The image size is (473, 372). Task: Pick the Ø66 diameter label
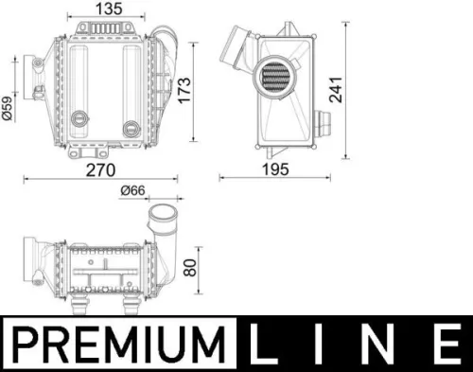click(134, 191)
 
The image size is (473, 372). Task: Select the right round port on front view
click(131, 123)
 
